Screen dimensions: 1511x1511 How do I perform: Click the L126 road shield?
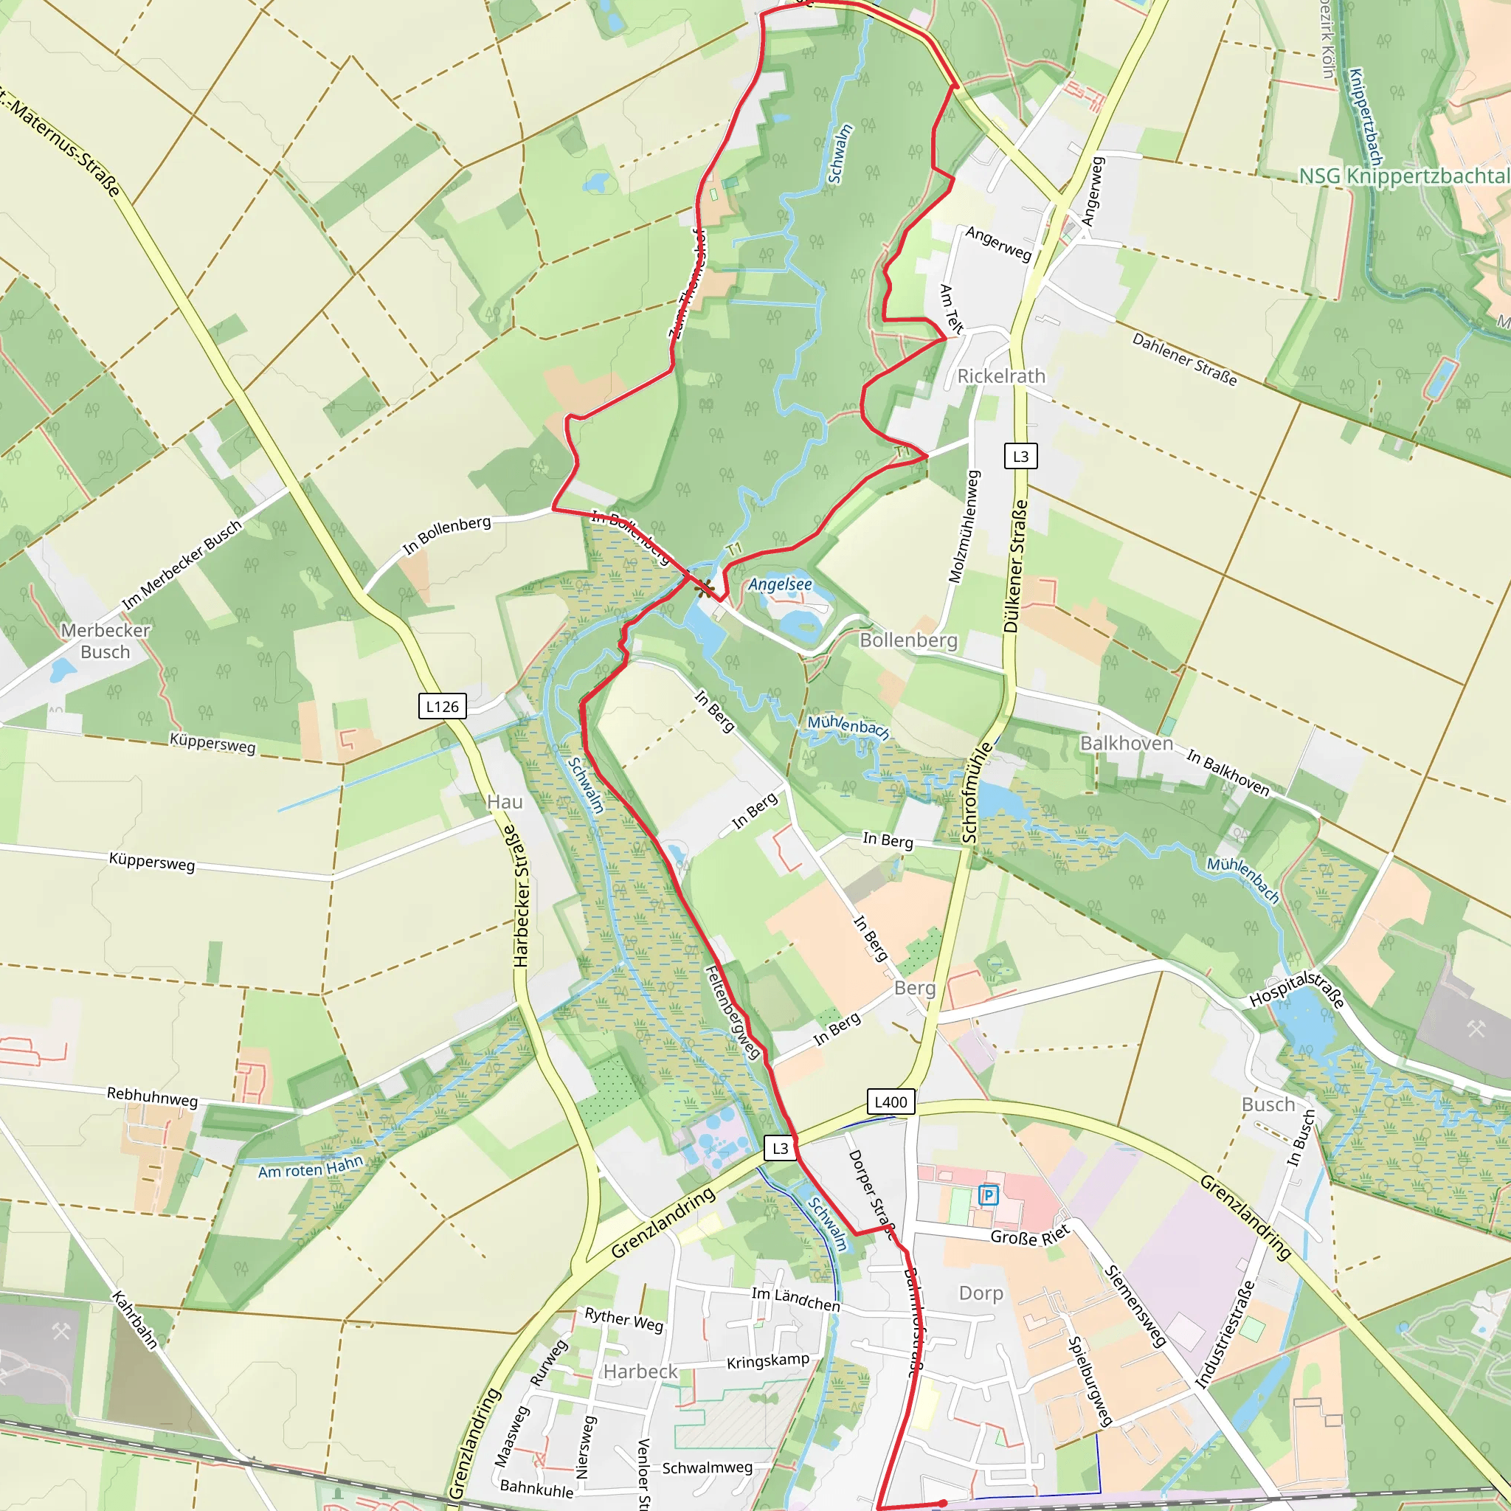tap(443, 706)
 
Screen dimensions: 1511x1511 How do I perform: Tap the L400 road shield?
tap(891, 1102)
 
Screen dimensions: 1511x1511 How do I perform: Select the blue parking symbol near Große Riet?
tap(989, 1195)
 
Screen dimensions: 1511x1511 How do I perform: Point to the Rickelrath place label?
tap(1001, 376)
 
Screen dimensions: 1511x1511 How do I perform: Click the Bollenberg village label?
tap(908, 640)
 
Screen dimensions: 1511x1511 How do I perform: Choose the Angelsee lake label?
tap(780, 584)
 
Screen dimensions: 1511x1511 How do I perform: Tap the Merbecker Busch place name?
tap(106, 640)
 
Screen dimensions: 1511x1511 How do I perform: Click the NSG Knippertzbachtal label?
tap(1404, 176)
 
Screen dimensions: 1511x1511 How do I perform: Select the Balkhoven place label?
tap(1126, 743)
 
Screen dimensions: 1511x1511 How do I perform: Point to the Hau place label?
tap(505, 802)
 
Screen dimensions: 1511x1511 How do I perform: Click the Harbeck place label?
tap(640, 1372)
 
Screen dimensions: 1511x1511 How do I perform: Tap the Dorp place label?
tap(981, 1293)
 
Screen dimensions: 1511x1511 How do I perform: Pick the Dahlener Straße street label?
tap(1184, 360)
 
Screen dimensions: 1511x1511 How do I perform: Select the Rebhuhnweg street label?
tap(153, 1096)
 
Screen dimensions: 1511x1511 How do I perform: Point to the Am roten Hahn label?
tap(311, 1167)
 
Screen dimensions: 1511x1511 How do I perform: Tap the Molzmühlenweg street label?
tap(964, 526)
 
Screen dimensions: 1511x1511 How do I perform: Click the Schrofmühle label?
tap(977, 792)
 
